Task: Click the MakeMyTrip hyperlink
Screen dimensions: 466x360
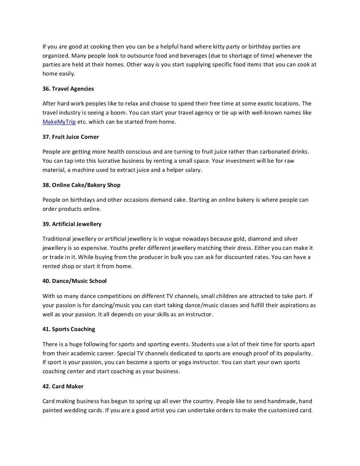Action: point(59,122)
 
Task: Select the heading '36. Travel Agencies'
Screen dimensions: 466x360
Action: point(68,89)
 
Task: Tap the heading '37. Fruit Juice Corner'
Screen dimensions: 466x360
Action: point(71,137)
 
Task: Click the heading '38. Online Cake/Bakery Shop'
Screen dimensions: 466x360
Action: point(82,185)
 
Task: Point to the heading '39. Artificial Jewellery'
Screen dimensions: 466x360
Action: point(72,224)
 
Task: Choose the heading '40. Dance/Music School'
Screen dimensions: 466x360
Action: point(75,281)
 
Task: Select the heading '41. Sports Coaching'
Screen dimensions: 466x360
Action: point(69,329)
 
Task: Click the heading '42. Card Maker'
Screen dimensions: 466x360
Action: point(63,387)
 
